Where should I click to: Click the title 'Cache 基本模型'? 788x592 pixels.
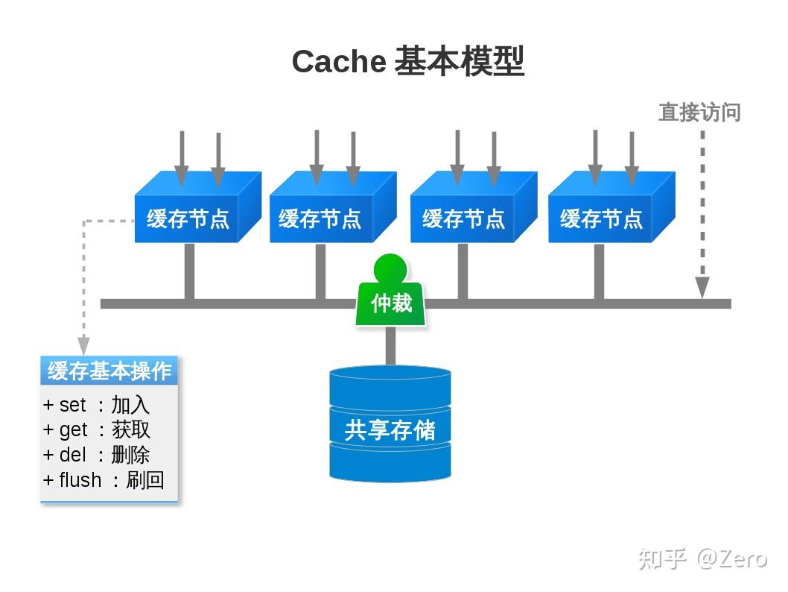pos(407,61)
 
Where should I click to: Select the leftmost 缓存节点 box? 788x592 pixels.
pos(188,218)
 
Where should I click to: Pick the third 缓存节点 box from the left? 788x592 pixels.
pos(463,218)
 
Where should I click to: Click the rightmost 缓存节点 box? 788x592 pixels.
pos(601,218)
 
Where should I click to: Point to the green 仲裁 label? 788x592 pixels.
pos(391,303)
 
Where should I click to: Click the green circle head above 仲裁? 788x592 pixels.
pos(390,268)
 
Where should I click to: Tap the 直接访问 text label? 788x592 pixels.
pos(699,113)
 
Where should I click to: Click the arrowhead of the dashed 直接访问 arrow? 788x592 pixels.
pos(702,288)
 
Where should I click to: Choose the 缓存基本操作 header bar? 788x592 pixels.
pos(109,371)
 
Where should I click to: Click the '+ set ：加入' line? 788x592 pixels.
pos(97,405)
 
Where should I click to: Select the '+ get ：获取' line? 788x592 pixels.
pos(97,429)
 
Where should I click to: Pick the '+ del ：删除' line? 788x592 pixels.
pos(97,455)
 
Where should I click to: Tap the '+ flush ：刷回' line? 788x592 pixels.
pos(104,480)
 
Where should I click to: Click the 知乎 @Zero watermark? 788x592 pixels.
pos(702,558)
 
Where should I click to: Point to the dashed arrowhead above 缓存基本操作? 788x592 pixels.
pos(83,346)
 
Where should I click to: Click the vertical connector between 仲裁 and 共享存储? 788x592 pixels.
pos(390,346)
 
